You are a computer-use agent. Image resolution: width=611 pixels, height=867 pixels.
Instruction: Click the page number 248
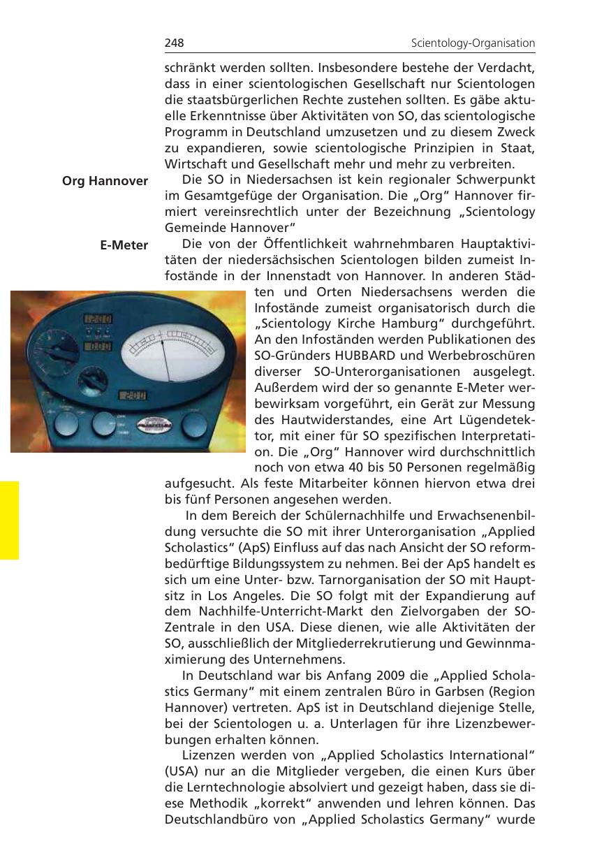(x=174, y=43)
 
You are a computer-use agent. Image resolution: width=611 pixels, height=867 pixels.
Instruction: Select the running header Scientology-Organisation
(x=473, y=43)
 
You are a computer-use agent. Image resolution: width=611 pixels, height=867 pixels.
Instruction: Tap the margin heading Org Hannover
(x=105, y=181)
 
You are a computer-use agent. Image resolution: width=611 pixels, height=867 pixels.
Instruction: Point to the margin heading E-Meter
(x=124, y=245)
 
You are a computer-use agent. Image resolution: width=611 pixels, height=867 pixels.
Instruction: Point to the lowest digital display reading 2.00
(x=133, y=395)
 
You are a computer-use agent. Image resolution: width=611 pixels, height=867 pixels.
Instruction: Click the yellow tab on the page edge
(x=10, y=520)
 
